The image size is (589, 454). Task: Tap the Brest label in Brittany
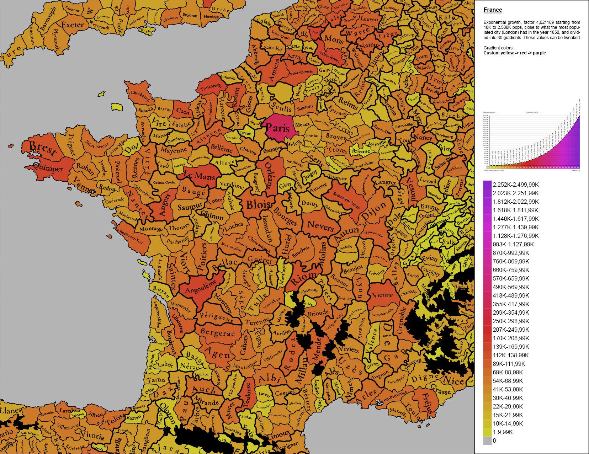coord(43,148)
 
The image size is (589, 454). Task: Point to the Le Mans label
coord(200,175)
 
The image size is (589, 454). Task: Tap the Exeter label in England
coord(73,25)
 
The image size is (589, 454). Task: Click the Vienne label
coord(382,295)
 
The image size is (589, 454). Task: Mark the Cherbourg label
coord(140,95)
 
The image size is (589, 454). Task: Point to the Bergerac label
coord(217,333)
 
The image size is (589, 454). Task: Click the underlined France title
coord(493,10)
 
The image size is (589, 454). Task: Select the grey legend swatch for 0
coord(487,441)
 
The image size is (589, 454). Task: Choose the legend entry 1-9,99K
coord(503,432)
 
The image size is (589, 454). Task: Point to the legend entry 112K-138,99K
coord(510,355)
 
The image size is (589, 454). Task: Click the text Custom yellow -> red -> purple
coord(514,53)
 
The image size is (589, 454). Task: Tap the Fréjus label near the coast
coord(428,404)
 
